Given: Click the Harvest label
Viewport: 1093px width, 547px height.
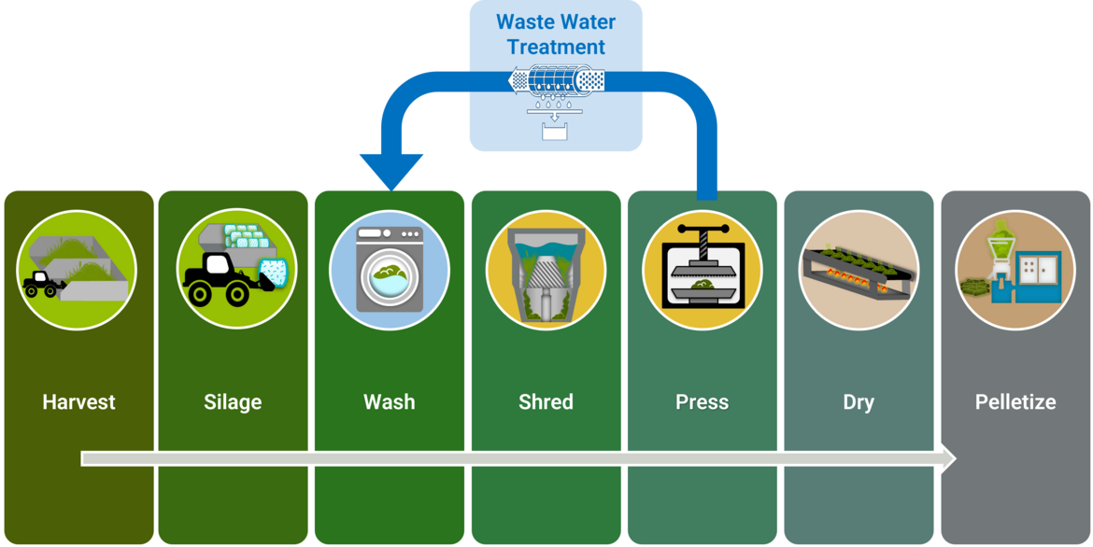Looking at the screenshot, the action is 78,402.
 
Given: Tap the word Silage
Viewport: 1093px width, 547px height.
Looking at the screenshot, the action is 233,402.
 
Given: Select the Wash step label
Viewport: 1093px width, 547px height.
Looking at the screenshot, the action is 389,402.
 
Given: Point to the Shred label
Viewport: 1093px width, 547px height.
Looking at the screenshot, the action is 546,402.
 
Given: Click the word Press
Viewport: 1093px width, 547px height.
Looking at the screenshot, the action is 702,402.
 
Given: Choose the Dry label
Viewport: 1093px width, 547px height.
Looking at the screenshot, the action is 859,402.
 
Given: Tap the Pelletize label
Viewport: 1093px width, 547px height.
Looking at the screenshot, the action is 1015,402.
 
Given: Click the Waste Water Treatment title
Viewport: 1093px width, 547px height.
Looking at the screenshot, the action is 556,35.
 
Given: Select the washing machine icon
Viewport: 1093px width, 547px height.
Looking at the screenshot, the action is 389,269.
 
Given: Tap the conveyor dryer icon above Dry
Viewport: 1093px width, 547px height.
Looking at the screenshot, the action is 859,271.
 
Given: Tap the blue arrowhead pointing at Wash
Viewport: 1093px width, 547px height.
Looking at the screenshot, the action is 391,172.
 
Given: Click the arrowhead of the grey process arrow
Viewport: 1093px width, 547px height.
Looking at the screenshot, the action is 946,458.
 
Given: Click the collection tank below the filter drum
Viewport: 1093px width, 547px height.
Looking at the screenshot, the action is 556,131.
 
